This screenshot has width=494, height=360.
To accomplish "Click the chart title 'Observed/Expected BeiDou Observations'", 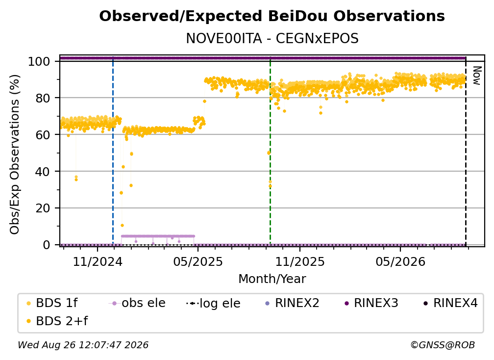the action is (x=272, y=16).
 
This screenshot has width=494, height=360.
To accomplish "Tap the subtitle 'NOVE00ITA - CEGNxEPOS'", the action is (x=272, y=39).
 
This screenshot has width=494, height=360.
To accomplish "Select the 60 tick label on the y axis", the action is (x=43, y=135).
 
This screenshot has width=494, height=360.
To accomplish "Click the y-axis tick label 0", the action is (x=47, y=245).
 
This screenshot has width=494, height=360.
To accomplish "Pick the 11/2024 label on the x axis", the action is (x=98, y=261).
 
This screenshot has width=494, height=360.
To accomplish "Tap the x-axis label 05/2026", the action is (x=400, y=261).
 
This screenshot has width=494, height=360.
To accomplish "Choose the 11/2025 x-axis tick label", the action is (x=300, y=261).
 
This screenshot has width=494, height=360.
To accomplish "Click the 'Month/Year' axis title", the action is (x=272, y=279).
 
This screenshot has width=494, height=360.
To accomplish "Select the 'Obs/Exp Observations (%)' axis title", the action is (x=15, y=154).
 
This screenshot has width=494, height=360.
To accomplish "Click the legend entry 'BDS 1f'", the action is (x=52, y=303).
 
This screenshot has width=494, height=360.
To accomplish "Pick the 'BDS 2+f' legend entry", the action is (x=57, y=321).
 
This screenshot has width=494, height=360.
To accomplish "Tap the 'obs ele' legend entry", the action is (x=137, y=303).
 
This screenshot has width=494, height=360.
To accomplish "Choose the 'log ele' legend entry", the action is (x=213, y=303).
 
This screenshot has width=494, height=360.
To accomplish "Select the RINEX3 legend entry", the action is (x=371, y=303).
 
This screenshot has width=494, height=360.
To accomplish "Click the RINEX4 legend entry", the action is (x=451, y=303).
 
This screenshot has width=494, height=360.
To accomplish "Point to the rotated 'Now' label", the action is (x=477, y=76).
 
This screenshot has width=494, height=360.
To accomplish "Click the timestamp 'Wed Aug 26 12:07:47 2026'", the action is (x=83, y=345).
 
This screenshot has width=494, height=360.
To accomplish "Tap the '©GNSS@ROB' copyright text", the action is (x=443, y=345).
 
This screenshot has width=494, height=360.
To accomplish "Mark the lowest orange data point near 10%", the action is (x=122, y=226).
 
